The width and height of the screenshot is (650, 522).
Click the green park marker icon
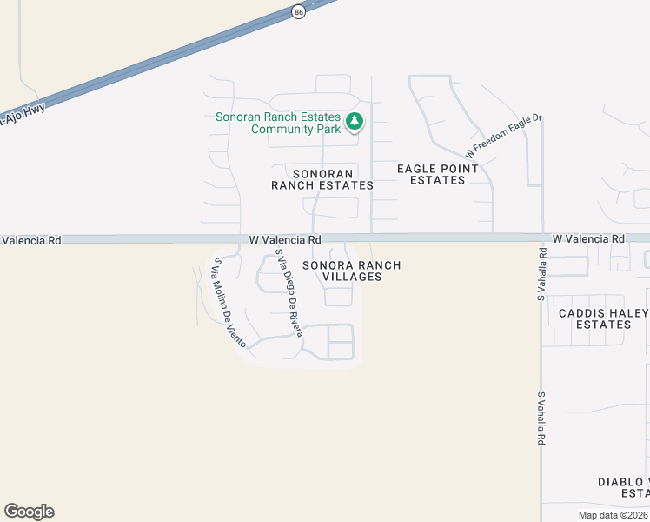click(x=354, y=122)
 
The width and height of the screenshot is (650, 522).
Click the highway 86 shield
click(x=299, y=11)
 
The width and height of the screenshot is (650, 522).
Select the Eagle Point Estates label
click(x=437, y=174)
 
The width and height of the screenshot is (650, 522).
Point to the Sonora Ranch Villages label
click(x=351, y=271)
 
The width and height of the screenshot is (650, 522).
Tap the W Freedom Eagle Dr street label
click(x=503, y=137)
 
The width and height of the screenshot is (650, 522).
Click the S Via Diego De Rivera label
click(x=289, y=293)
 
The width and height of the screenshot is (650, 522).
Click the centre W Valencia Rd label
click(x=285, y=239)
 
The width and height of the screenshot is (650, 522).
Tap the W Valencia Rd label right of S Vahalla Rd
click(x=588, y=238)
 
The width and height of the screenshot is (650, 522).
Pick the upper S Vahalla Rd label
click(x=541, y=275)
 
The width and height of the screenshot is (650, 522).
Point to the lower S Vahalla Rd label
click(x=541, y=419)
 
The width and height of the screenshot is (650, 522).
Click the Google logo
click(x=29, y=512)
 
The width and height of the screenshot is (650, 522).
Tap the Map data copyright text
click(x=614, y=515)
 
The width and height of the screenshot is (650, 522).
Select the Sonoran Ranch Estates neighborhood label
click(x=322, y=179)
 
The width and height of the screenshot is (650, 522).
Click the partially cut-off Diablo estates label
click(x=624, y=487)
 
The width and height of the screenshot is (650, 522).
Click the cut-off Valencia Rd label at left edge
click(x=30, y=239)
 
